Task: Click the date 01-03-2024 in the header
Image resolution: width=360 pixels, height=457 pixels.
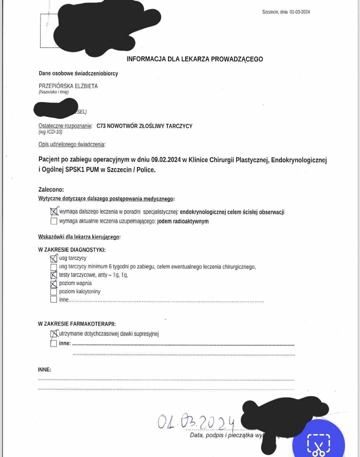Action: click(300, 12)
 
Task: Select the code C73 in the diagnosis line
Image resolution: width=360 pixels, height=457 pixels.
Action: click(101, 126)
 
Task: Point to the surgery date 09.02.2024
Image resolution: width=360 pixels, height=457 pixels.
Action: click(166, 160)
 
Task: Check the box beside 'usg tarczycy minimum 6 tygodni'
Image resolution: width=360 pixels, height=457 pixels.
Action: click(54, 267)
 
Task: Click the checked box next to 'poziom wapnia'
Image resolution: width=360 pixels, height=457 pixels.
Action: click(54, 284)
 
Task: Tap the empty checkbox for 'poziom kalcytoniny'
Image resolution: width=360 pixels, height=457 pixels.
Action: click(54, 292)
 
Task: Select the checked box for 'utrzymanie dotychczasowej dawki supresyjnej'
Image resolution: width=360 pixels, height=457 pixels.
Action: click(54, 334)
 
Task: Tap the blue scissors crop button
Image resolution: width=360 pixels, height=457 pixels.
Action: click(318, 444)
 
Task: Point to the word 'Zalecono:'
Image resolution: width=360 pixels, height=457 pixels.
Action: click(51, 190)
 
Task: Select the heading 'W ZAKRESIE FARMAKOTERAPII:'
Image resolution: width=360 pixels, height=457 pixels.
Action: click(77, 324)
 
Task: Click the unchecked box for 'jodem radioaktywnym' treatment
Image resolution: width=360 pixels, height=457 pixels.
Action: click(54, 221)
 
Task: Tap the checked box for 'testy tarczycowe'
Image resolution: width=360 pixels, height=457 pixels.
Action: click(54, 275)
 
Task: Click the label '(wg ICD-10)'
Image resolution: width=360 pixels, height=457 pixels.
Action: click(50, 132)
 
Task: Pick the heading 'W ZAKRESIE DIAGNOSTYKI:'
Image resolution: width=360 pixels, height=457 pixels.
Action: click(72, 250)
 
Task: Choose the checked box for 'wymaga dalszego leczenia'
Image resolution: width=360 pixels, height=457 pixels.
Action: click(54, 212)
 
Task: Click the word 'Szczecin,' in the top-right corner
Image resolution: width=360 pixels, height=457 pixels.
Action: click(270, 12)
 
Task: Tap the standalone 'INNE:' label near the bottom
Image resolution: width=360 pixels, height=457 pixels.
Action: click(44, 370)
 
